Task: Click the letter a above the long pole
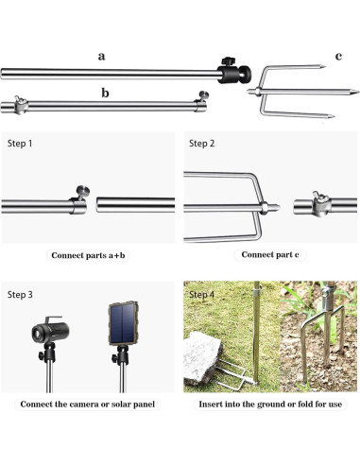coord(102,56)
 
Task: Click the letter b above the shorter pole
coord(104,92)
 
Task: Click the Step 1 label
coord(22,144)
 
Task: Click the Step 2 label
coord(203,144)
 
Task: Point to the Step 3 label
coord(22,295)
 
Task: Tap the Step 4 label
coord(204,295)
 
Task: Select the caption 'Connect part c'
coord(270,254)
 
